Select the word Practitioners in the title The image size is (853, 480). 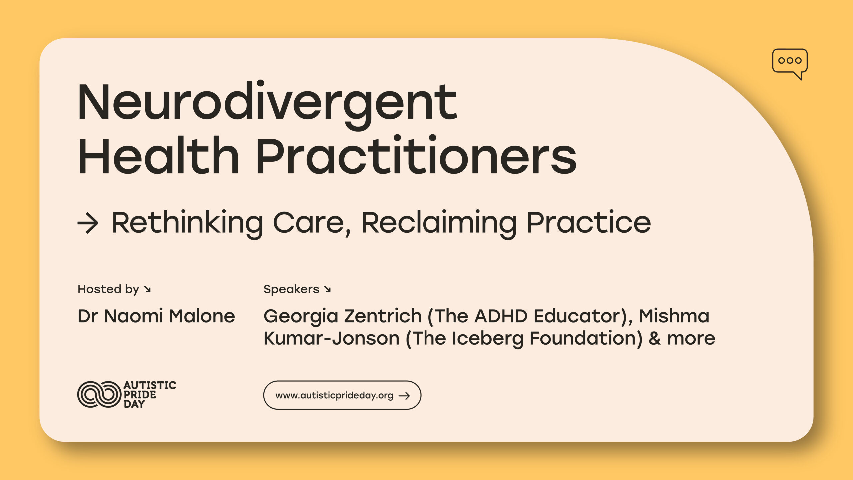[417, 155]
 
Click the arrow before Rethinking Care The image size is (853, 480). [88, 223]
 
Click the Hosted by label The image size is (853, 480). [108, 289]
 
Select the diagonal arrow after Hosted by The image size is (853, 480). [147, 289]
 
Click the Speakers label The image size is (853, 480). [291, 289]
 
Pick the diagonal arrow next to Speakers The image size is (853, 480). [327, 289]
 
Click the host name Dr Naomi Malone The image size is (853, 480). [156, 316]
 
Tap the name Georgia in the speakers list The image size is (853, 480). [301, 317]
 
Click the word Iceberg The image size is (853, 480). [488, 339]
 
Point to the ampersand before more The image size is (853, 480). [655, 338]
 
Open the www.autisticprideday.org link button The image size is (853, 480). [342, 395]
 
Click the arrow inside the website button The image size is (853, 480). [404, 396]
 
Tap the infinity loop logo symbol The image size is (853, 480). [99, 394]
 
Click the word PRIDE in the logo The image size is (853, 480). [140, 395]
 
